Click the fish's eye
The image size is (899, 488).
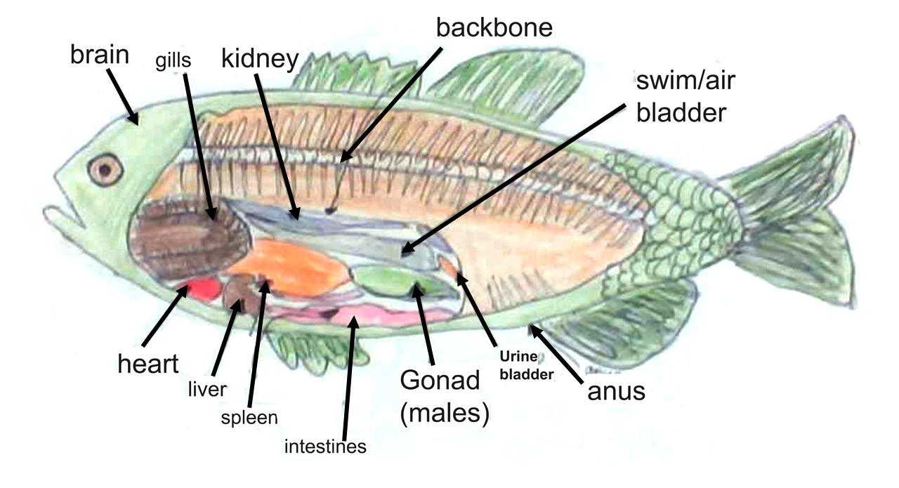tap(105, 169)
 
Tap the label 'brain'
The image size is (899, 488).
tap(100, 55)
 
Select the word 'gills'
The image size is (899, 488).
tap(173, 60)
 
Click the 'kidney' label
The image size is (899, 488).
tap(260, 59)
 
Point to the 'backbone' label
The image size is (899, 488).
tap(494, 27)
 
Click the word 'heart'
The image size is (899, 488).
tap(148, 364)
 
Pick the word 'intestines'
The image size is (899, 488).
tap(325, 446)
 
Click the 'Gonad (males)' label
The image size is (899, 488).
tap(440, 397)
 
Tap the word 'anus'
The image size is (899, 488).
tap(616, 390)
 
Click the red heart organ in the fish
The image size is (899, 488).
tap(201, 289)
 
